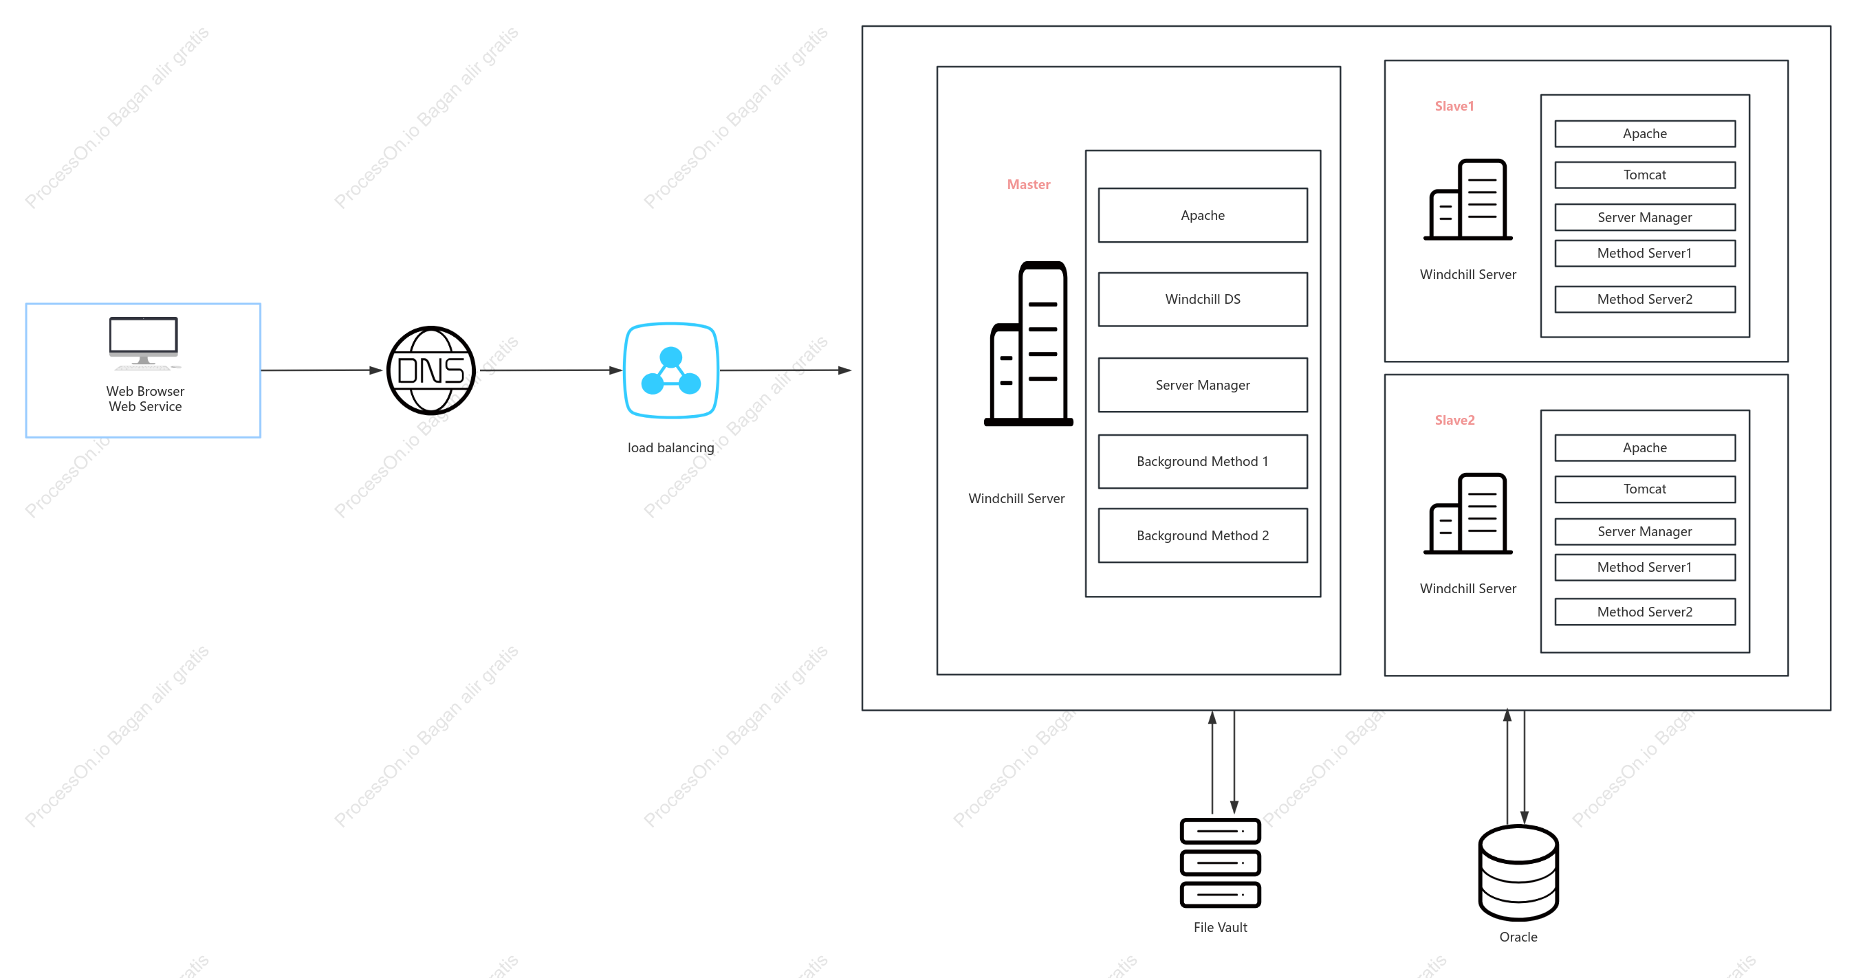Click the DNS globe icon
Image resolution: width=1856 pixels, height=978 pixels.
click(x=431, y=370)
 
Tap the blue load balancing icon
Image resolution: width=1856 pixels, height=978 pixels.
click(x=670, y=370)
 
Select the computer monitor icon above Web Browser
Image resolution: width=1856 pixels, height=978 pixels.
click(x=144, y=344)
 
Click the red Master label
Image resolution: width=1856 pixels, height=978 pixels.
click(x=1028, y=184)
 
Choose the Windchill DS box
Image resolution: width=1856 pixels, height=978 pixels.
click(x=1203, y=299)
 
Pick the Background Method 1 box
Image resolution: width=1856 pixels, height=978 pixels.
click(x=1203, y=461)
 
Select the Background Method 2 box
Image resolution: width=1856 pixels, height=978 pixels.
click(x=1203, y=535)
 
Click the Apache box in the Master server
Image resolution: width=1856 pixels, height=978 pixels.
click(x=1203, y=215)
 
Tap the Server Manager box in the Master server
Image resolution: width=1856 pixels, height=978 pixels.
click(x=1203, y=385)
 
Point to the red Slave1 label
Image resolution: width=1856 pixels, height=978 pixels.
click(x=1454, y=106)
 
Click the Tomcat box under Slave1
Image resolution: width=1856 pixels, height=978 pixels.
click(x=1645, y=175)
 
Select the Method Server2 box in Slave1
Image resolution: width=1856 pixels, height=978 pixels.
click(x=1645, y=299)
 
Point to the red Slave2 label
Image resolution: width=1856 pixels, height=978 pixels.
click(x=1454, y=420)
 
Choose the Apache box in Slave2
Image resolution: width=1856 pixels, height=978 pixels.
click(x=1645, y=447)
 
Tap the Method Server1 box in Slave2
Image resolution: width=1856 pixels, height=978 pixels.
click(x=1645, y=567)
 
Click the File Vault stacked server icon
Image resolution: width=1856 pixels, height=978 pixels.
click(x=1220, y=863)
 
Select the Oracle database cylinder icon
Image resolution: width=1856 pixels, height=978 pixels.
click(x=1518, y=872)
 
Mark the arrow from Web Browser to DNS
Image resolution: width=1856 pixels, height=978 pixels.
click(x=321, y=370)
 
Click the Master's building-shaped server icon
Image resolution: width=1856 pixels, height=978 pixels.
click(x=1028, y=344)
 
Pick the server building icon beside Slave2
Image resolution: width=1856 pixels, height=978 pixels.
click(x=1467, y=513)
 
